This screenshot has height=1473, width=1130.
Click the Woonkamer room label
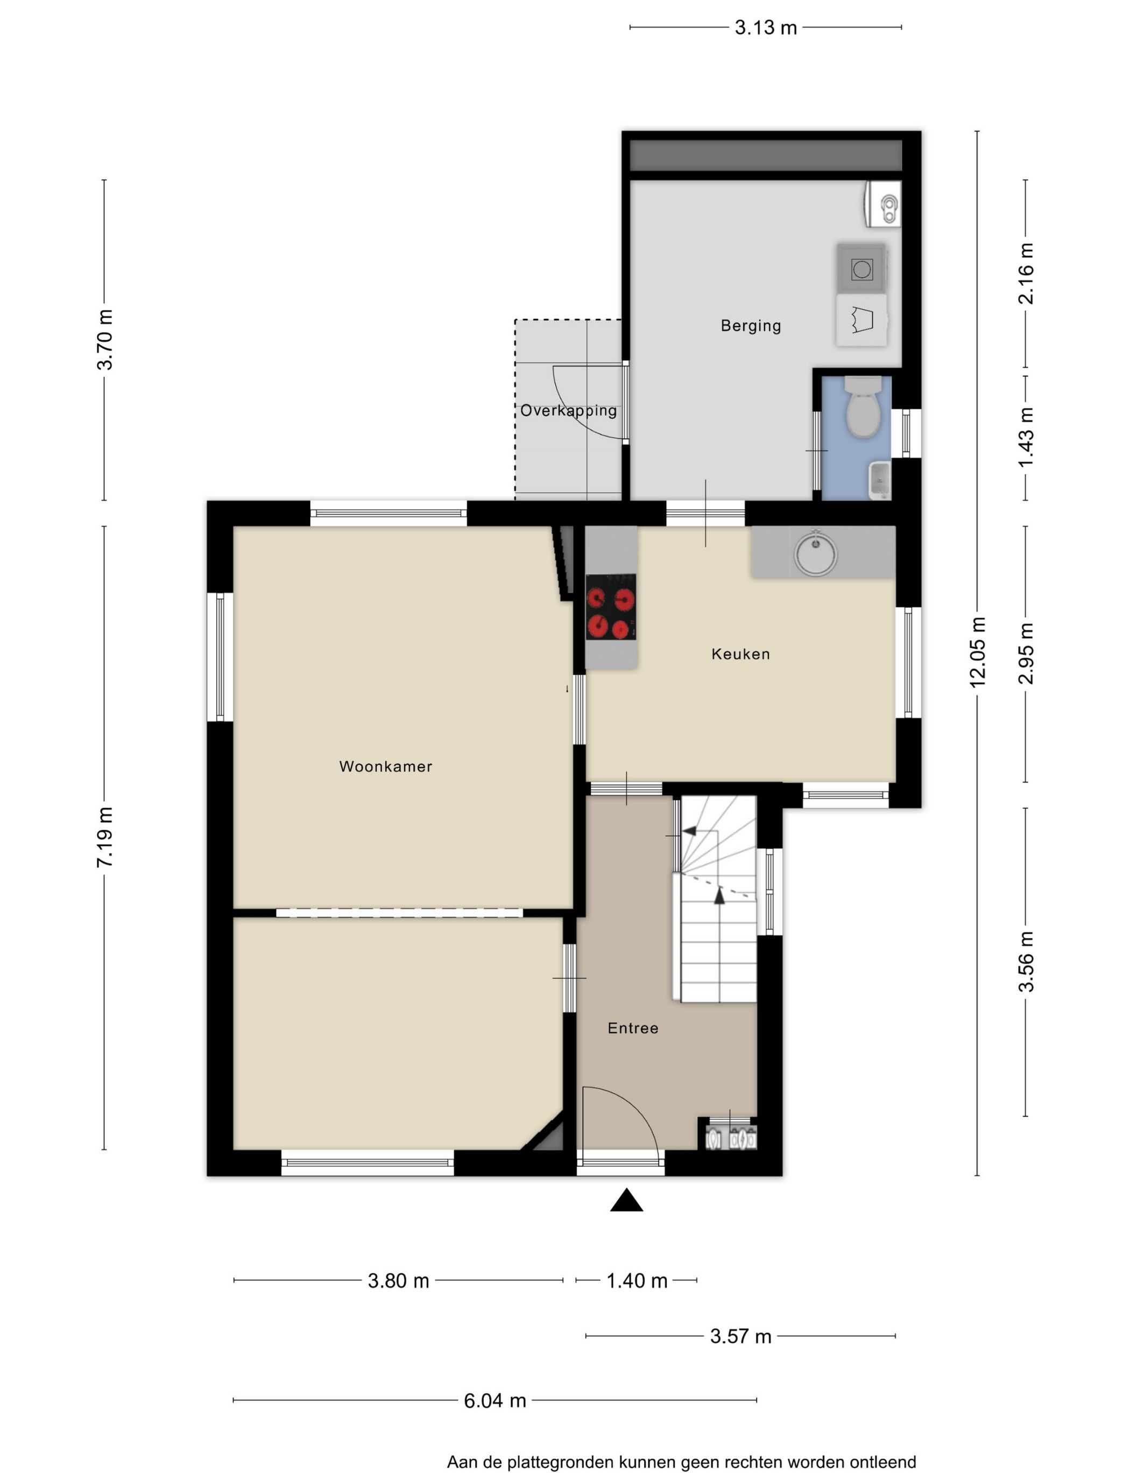(x=385, y=767)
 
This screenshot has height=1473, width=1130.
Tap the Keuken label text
(x=740, y=654)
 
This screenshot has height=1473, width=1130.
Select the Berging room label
(x=751, y=326)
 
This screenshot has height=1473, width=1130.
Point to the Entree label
(x=633, y=1028)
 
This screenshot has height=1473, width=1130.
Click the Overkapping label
(x=568, y=410)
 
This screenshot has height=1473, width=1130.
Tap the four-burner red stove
(x=611, y=607)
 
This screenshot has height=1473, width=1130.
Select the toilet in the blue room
(x=863, y=406)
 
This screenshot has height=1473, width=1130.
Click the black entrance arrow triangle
(x=626, y=1200)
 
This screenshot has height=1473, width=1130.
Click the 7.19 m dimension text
(x=105, y=837)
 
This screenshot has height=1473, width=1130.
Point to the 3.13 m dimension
(x=765, y=27)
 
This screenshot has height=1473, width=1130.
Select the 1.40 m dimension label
(x=637, y=1281)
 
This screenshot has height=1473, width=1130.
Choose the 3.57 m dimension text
(x=740, y=1336)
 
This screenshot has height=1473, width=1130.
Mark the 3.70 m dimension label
(x=105, y=340)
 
